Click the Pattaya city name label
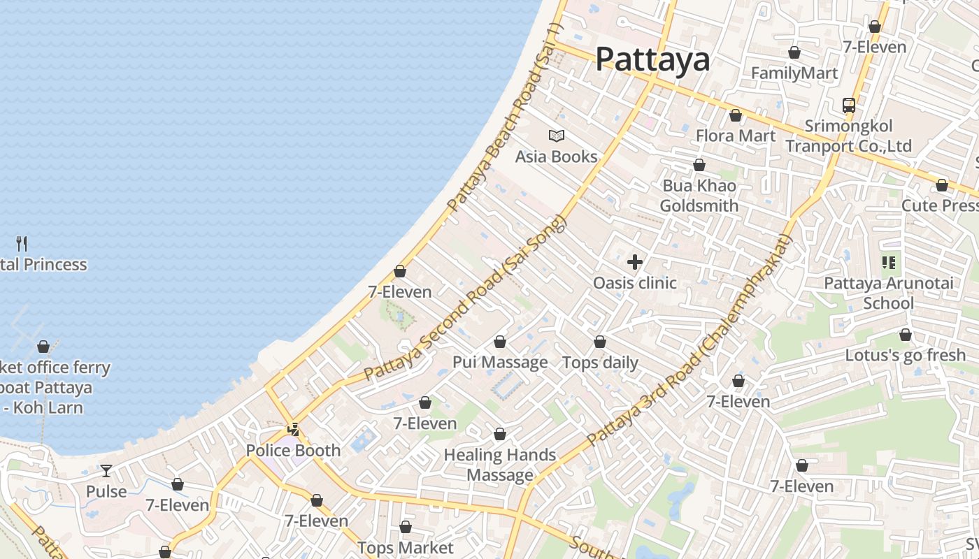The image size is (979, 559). [652, 59]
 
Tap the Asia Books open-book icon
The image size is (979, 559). [557, 136]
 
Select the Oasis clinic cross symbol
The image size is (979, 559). [635, 262]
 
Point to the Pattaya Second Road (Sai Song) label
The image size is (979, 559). [464, 298]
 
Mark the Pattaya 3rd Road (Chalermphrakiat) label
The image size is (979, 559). [689, 341]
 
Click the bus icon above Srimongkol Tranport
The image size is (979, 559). [849, 106]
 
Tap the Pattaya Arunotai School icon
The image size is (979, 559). [889, 263]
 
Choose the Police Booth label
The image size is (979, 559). [293, 451]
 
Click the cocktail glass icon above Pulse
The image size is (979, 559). [106, 471]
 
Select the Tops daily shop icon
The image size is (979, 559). [600, 342]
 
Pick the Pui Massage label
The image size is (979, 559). [500, 362]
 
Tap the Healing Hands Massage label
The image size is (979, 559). [500, 465]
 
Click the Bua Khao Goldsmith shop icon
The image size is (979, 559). [699, 165]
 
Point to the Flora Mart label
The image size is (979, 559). [736, 136]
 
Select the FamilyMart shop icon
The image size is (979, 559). [794, 52]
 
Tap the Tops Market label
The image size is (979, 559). [406, 548]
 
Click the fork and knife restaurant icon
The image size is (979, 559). [22, 243]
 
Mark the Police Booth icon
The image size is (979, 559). [294, 429]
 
